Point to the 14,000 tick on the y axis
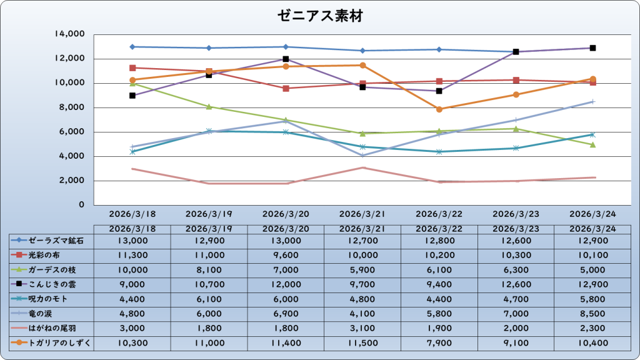point(70,34)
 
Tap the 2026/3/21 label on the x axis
point(362,214)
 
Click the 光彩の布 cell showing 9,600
point(286,255)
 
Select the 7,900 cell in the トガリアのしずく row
point(439,343)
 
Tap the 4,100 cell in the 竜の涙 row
point(362,314)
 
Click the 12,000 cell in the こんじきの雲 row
point(286,284)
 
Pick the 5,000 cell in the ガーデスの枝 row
point(592,270)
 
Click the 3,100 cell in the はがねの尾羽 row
point(362,328)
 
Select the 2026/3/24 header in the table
point(592,229)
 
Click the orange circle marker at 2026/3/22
point(439,109)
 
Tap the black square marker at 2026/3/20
point(286,59)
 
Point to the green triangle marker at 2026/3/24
point(592,145)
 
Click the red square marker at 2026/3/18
point(132,68)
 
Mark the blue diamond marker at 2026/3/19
point(209,48)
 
